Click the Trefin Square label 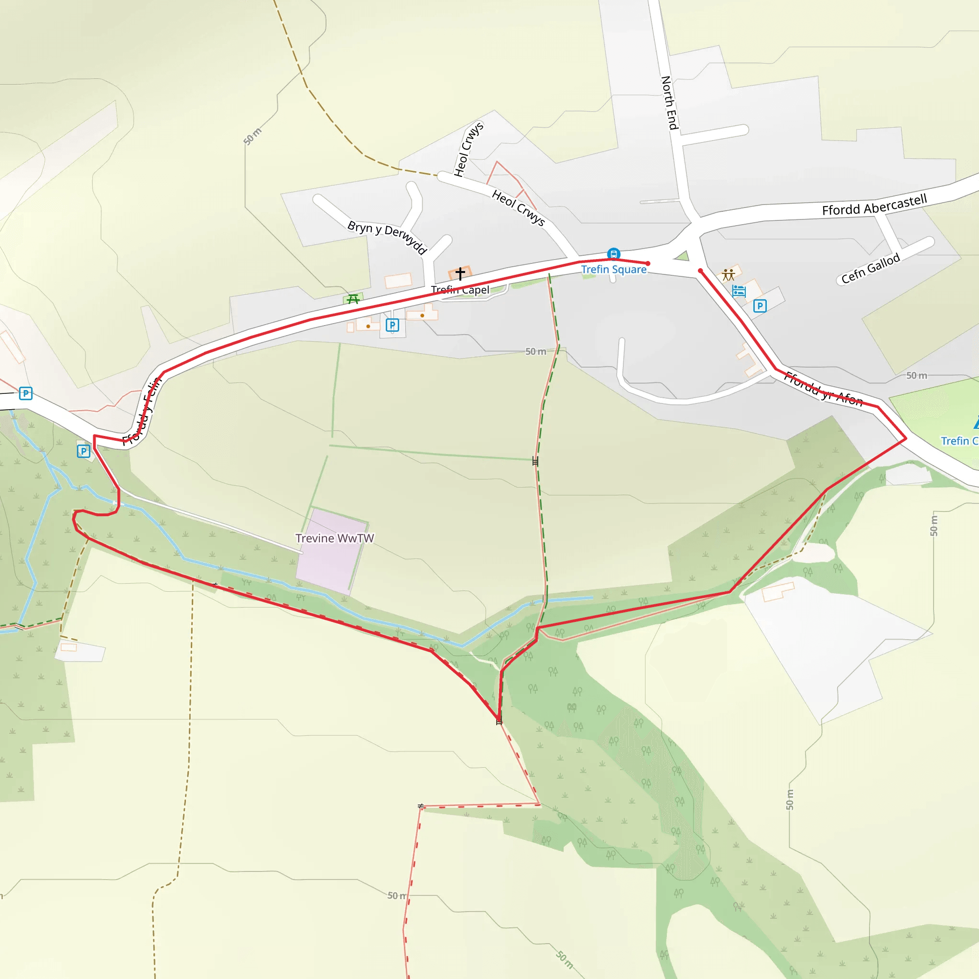coord(614,270)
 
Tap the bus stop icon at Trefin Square coord(614,254)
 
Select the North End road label coord(670,103)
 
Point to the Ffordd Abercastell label coord(874,205)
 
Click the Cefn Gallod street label coord(870,269)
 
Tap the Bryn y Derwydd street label coord(387,237)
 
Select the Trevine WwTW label coord(335,538)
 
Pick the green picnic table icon coord(353,299)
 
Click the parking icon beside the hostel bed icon coord(760,306)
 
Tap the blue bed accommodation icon coord(739,292)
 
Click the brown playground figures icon coord(729,275)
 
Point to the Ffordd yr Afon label coord(823,389)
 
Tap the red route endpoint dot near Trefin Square coord(648,263)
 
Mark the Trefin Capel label coord(460,290)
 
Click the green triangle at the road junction coord(683,256)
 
